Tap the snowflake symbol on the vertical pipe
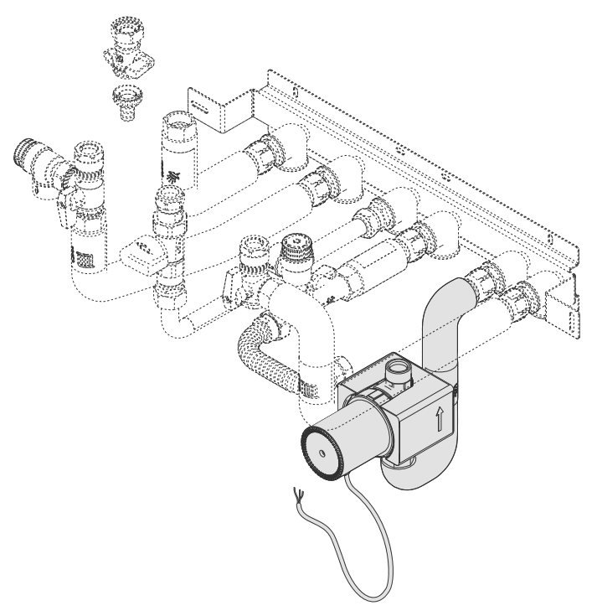[173, 176]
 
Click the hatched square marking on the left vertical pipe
[84, 261]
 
